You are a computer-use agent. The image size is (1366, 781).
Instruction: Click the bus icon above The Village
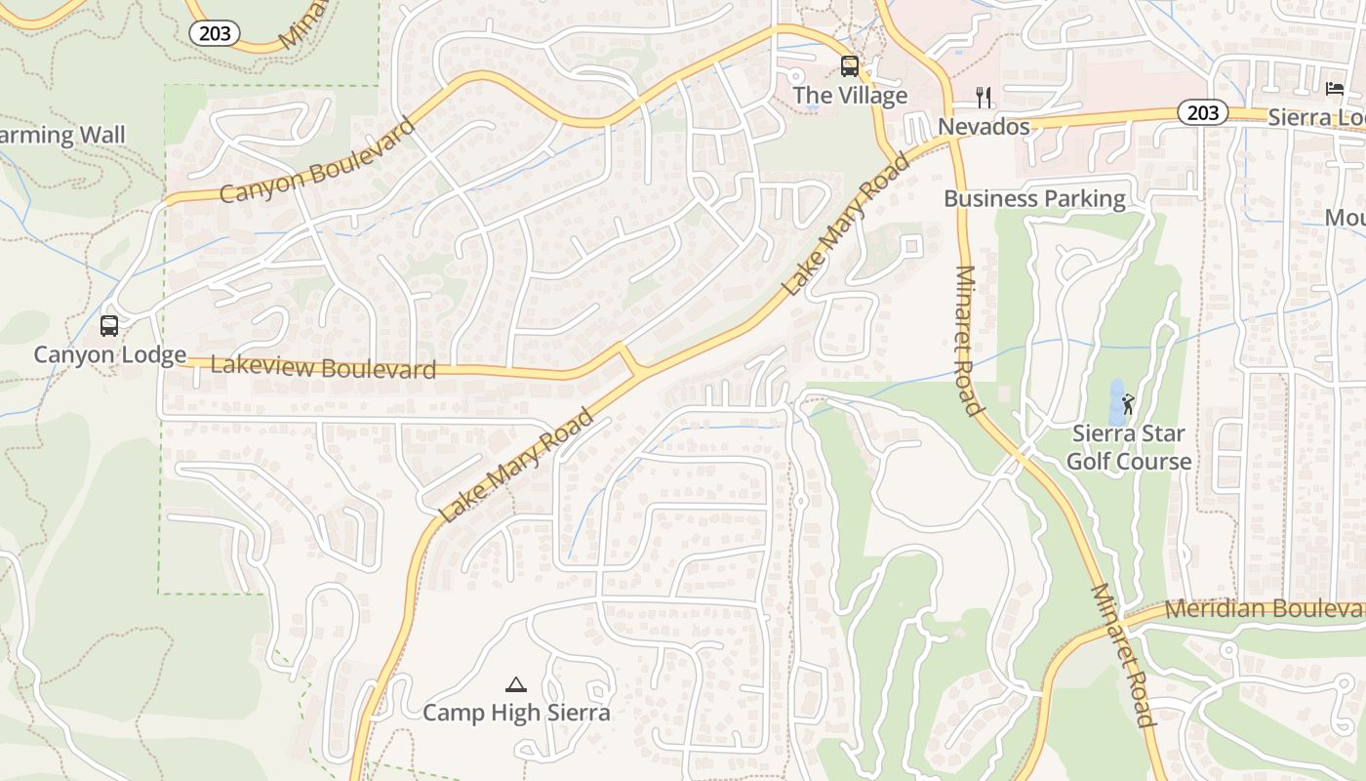850,66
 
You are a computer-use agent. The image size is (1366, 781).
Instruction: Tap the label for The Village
850,96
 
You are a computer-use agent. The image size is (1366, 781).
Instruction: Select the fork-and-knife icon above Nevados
984,98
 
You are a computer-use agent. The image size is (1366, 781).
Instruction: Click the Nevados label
984,127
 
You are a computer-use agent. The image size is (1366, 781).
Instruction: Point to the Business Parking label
1034,199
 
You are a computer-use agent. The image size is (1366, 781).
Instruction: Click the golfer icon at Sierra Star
1129,403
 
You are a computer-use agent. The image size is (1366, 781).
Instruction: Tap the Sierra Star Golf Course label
1129,447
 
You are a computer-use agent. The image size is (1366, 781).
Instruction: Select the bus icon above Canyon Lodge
109,325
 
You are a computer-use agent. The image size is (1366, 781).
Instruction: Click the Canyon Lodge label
109,354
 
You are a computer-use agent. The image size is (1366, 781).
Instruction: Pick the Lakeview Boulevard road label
323,368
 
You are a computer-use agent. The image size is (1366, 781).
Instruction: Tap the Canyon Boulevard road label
318,161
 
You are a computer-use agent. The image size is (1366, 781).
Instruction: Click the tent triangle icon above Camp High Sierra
516,684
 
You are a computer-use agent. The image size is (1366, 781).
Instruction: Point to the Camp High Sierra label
516,713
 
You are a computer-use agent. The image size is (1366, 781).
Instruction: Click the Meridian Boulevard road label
1265,608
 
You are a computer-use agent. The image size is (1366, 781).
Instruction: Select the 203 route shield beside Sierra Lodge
1202,112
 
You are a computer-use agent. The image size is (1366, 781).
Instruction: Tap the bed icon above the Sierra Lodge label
1335,89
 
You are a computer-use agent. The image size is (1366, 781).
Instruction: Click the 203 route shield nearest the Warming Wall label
215,33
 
